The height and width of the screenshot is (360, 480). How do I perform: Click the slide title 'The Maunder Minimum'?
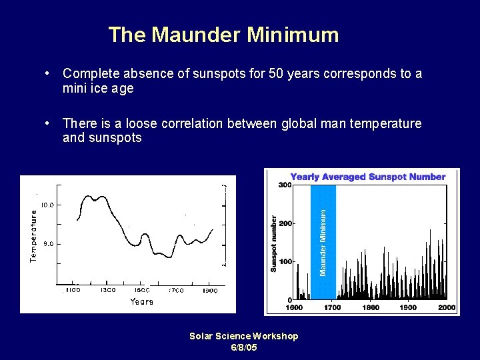click(x=223, y=35)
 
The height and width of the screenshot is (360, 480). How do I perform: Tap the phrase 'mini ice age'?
click(x=98, y=89)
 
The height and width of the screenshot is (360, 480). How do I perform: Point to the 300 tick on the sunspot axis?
click(x=285, y=185)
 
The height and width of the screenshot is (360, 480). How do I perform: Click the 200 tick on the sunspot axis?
click(x=285, y=223)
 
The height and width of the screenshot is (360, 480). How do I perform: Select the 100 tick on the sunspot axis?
click(x=285, y=261)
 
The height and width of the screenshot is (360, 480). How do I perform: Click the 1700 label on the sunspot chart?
click(x=332, y=307)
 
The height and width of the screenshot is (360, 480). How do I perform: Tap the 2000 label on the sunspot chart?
click(x=447, y=307)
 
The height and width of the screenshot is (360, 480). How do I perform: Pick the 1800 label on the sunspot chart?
click(x=371, y=307)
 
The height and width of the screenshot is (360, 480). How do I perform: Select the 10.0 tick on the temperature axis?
click(x=48, y=205)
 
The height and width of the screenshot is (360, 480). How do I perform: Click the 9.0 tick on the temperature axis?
click(x=49, y=244)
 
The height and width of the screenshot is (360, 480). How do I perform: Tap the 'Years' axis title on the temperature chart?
click(x=141, y=302)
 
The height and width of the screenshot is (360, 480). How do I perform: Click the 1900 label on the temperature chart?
click(x=210, y=291)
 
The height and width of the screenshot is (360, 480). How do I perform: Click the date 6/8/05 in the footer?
click(x=243, y=348)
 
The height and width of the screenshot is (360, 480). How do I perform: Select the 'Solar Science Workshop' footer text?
click(x=243, y=336)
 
